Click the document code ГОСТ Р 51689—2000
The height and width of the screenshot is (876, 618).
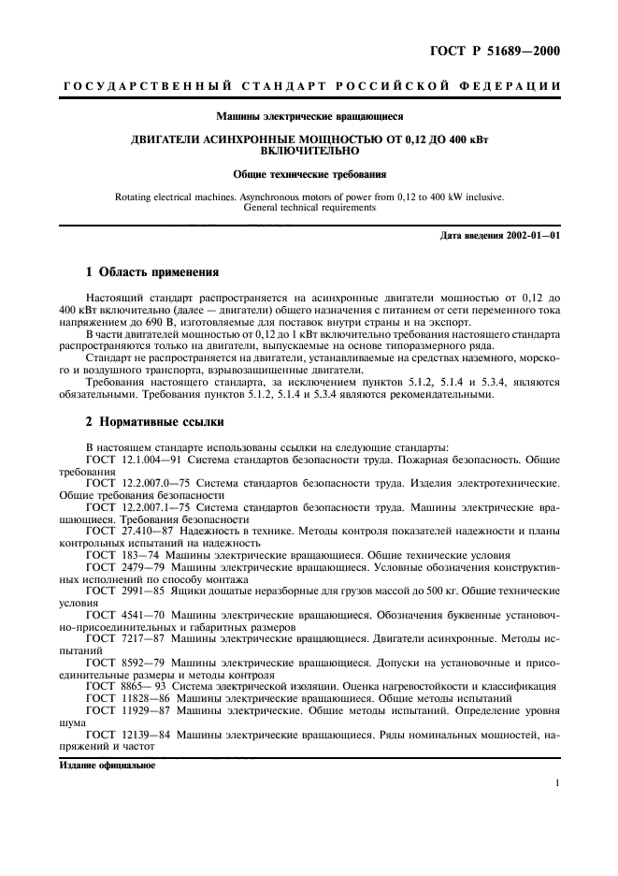click(x=508, y=51)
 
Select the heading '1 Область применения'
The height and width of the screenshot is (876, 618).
click(x=151, y=272)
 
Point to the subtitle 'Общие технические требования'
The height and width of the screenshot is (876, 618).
click(x=309, y=174)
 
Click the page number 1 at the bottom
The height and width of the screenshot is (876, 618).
click(x=556, y=784)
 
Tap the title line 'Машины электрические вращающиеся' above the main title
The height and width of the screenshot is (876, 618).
click(x=309, y=118)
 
